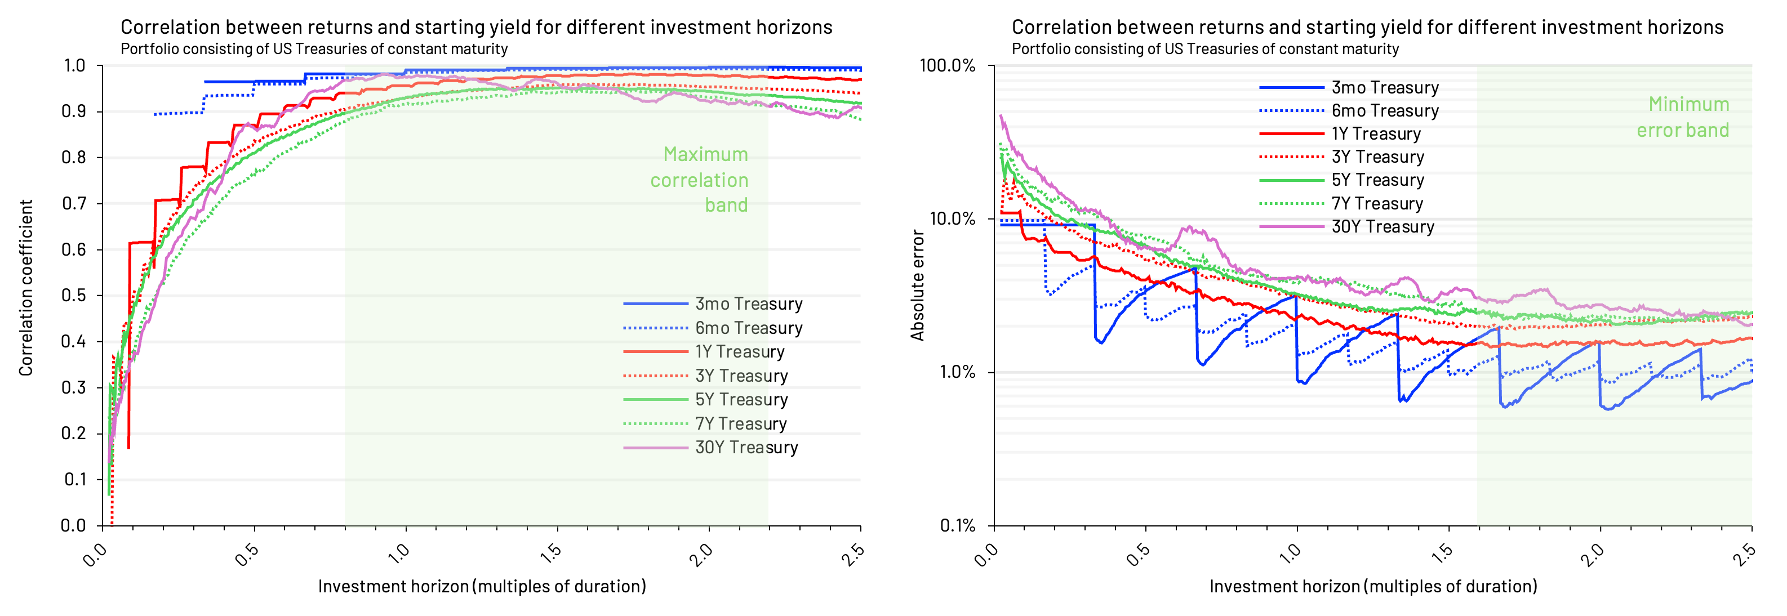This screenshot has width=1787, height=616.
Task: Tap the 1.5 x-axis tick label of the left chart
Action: pyautogui.click(x=550, y=553)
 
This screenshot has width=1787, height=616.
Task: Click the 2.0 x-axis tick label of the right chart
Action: pyautogui.click(x=1592, y=553)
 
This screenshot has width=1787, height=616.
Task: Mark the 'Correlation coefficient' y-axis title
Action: pyautogui.click(x=26, y=288)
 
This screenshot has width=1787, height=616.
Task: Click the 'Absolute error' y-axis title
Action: pyautogui.click(x=917, y=286)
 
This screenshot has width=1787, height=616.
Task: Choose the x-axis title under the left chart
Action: pyautogui.click(x=482, y=586)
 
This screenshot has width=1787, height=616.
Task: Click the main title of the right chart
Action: pyautogui.click(x=1367, y=27)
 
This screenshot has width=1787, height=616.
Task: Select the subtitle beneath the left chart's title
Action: pyautogui.click(x=314, y=49)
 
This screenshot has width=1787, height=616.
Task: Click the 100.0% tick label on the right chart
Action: pyautogui.click(x=947, y=66)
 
